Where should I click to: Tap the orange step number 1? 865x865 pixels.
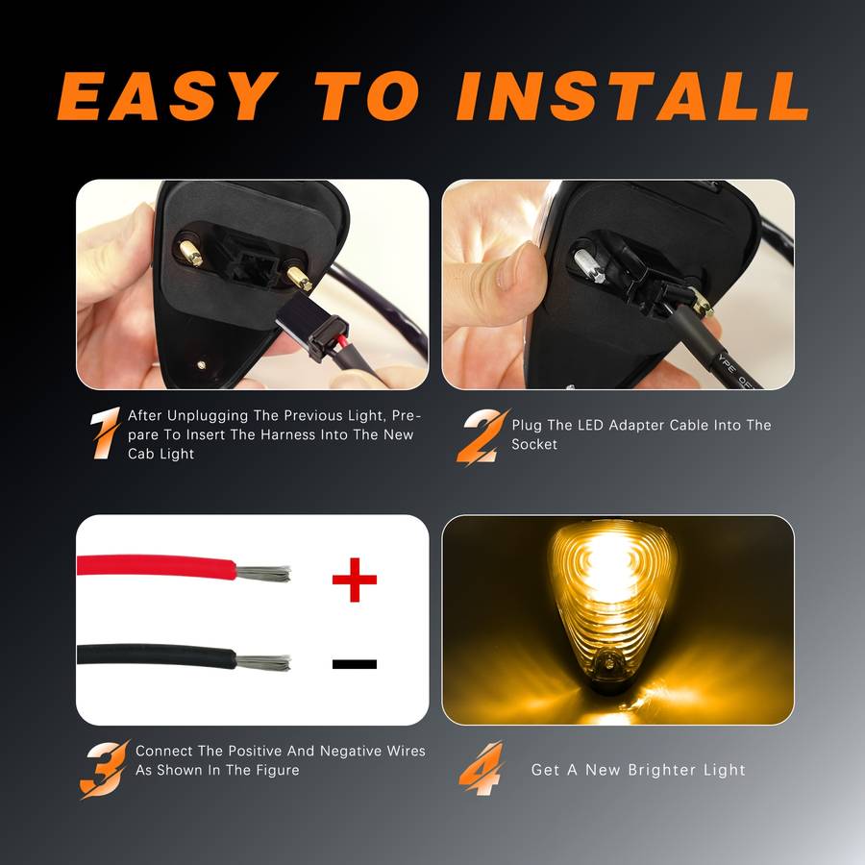[105, 433]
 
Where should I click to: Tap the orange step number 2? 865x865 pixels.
[480, 435]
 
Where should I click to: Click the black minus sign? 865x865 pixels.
[354, 663]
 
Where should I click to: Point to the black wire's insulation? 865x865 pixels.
[154, 658]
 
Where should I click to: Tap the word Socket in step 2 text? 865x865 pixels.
[534, 445]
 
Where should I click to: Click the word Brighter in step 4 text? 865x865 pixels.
[663, 770]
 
